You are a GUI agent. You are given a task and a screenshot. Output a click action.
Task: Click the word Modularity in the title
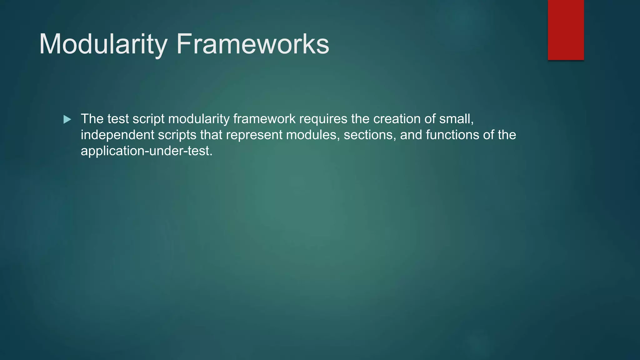coord(103,44)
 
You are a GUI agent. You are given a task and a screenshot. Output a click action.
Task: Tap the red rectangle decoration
coord(566,30)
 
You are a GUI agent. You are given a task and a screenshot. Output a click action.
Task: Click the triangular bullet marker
coord(67,119)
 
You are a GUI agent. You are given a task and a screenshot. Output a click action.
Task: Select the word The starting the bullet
coord(92,119)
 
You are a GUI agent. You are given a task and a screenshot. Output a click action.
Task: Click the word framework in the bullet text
coord(264,119)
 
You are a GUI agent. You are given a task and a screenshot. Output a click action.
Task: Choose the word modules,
coord(313,135)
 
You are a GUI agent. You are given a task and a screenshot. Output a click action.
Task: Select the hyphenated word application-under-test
coord(147,151)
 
